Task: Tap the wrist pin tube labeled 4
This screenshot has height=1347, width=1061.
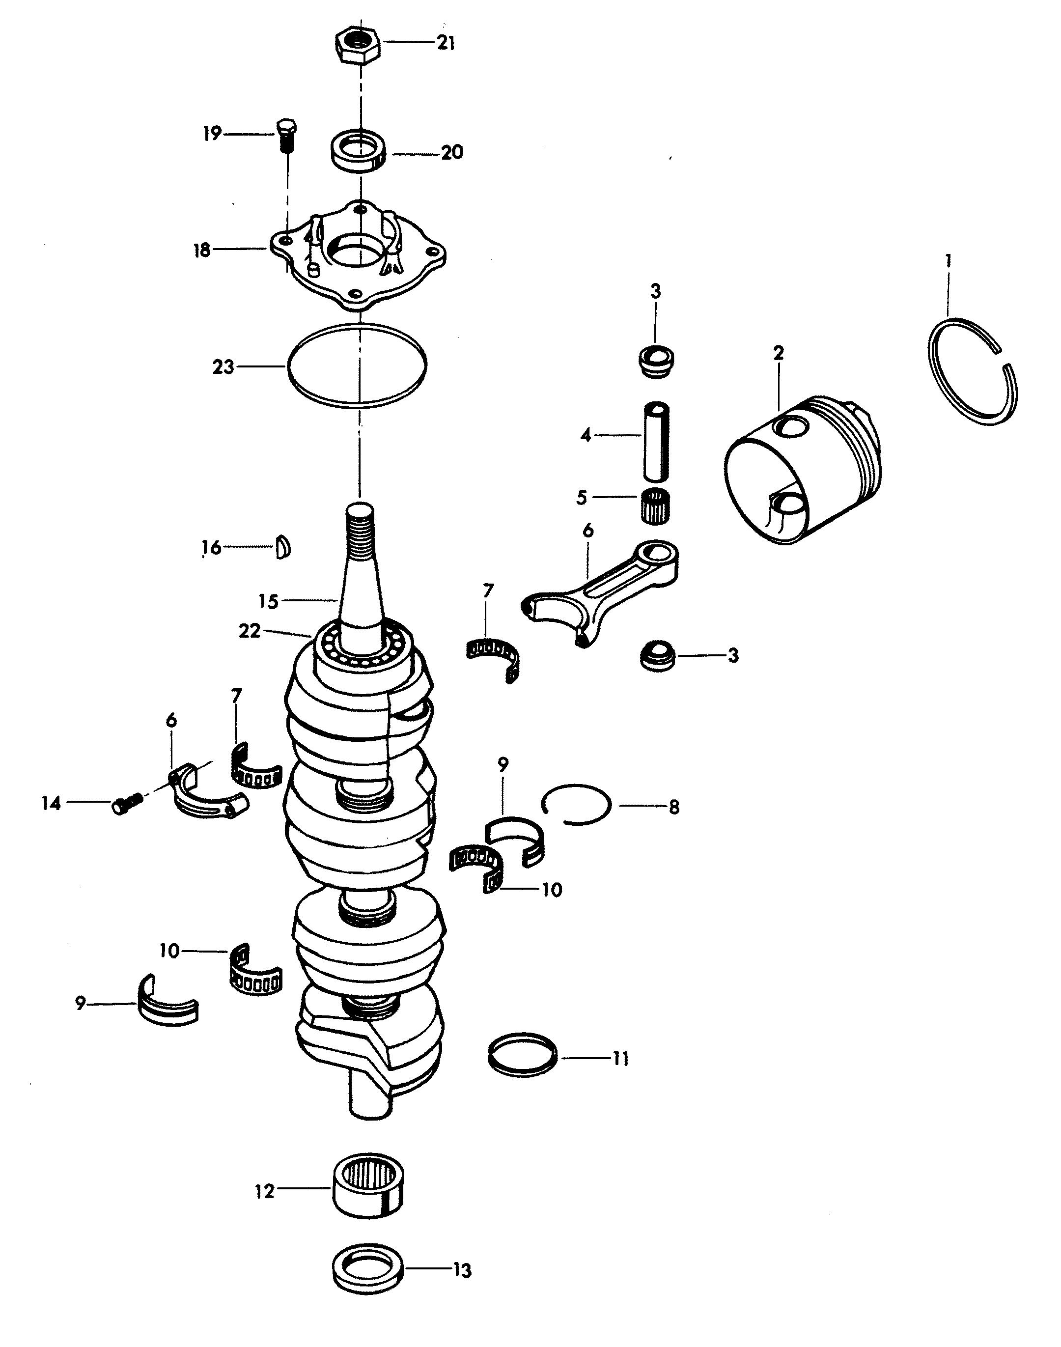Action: [x=658, y=441]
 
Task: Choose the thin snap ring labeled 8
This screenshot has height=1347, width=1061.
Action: [x=576, y=805]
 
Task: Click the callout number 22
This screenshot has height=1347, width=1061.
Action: [x=249, y=631]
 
